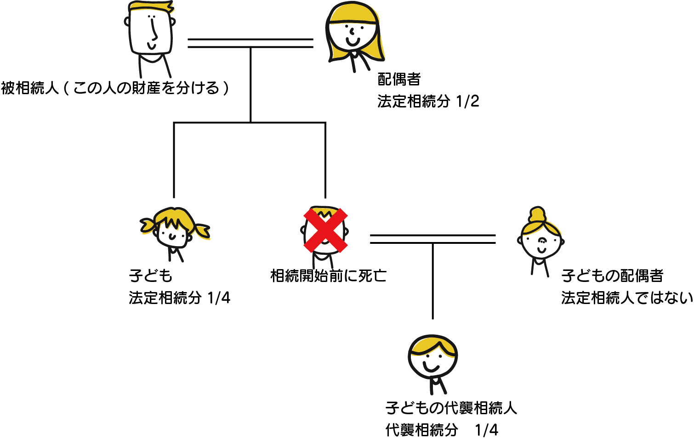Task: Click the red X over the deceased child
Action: click(x=325, y=231)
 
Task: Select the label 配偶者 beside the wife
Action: click(x=399, y=79)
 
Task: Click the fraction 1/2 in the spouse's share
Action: click(x=468, y=101)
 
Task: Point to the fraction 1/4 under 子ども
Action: click(x=219, y=298)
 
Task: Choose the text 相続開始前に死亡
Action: click(x=328, y=276)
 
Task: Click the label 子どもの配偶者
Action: click(x=612, y=276)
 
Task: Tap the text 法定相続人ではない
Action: click(x=627, y=298)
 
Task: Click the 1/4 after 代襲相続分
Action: click(x=487, y=430)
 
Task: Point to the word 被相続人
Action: click(x=30, y=88)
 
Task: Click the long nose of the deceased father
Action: click(x=154, y=30)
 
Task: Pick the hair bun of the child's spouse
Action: click(x=537, y=214)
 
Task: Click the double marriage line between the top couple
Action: click(x=250, y=43)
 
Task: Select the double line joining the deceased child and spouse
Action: click(x=432, y=239)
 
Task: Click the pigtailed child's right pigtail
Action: click(x=201, y=230)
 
